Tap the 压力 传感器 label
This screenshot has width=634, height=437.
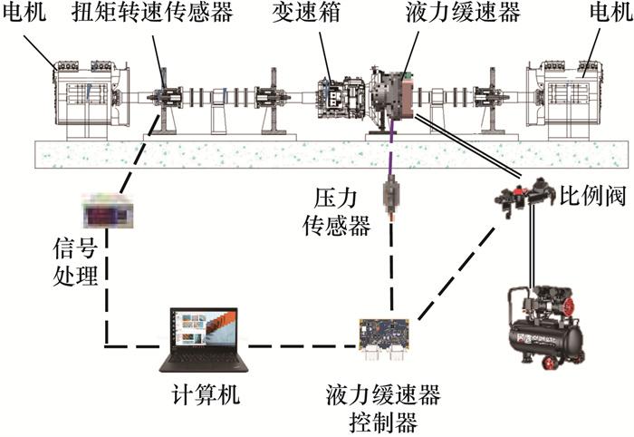coord(335,211)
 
